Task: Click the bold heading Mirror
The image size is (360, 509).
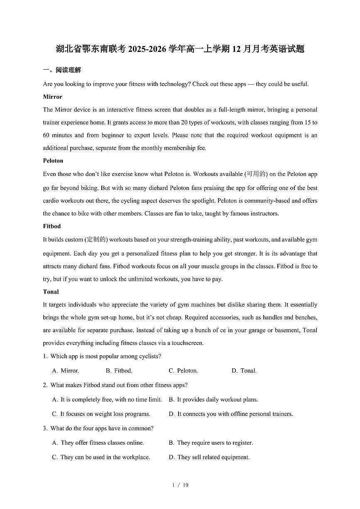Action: [x=52, y=97]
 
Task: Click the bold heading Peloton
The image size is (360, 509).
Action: [x=53, y=161]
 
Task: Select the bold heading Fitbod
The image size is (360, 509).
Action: [x=52, y=226]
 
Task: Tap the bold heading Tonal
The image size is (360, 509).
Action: [x=51, y=292]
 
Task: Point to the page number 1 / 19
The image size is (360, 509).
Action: [x=180, y=485]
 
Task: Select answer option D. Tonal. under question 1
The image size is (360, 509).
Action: [x=244, y=370]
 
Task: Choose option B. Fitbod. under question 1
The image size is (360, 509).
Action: [x=119, y=370]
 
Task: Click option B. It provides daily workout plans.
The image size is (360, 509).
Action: [x=213, y=399]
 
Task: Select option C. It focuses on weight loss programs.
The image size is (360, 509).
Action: [x=101, y=414]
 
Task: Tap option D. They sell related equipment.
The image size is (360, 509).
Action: [x=209, y=457]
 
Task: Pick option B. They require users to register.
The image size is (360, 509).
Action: [x=211, y=443]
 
